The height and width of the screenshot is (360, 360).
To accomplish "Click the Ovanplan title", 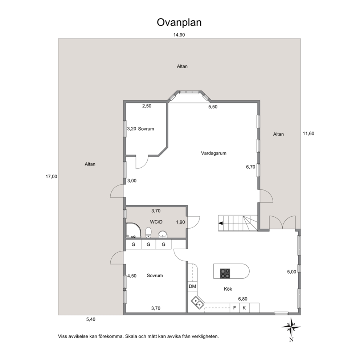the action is (179, 22).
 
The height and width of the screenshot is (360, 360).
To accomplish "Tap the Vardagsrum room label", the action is (213, 153).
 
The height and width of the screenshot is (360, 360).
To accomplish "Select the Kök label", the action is (228, 289).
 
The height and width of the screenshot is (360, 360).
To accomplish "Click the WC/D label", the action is (156, 222).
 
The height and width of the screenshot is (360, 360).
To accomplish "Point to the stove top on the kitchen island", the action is (225, 273).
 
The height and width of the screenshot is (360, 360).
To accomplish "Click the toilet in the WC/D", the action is (148, 232).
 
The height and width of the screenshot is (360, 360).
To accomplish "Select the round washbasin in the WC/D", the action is (163, 234).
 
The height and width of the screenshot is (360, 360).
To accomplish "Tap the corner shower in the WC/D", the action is (134, 230).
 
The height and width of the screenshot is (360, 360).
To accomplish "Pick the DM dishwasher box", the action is (192, 286).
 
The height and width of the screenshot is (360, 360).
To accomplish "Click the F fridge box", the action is (235, 308).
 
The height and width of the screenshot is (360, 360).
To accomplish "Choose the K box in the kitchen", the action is (244, 308).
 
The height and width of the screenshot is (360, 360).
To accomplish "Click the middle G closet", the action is (148, 245).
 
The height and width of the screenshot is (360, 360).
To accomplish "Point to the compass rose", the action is (291, 327).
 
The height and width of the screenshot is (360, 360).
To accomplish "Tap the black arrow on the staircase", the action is (221, 223).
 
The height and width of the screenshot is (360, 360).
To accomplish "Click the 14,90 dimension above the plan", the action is (179, 35).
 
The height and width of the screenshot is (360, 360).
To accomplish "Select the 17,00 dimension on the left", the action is (52, 177).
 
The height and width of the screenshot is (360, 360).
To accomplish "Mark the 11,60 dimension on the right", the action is (308, 134).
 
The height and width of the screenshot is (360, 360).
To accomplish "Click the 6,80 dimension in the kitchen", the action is (243, 299).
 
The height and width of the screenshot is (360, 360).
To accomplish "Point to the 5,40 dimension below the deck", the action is (91, 319).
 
